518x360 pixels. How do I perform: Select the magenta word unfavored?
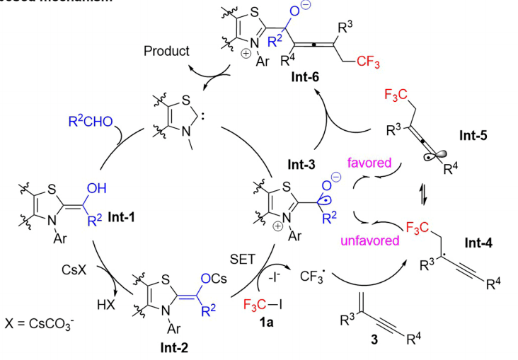coord(358,240)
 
